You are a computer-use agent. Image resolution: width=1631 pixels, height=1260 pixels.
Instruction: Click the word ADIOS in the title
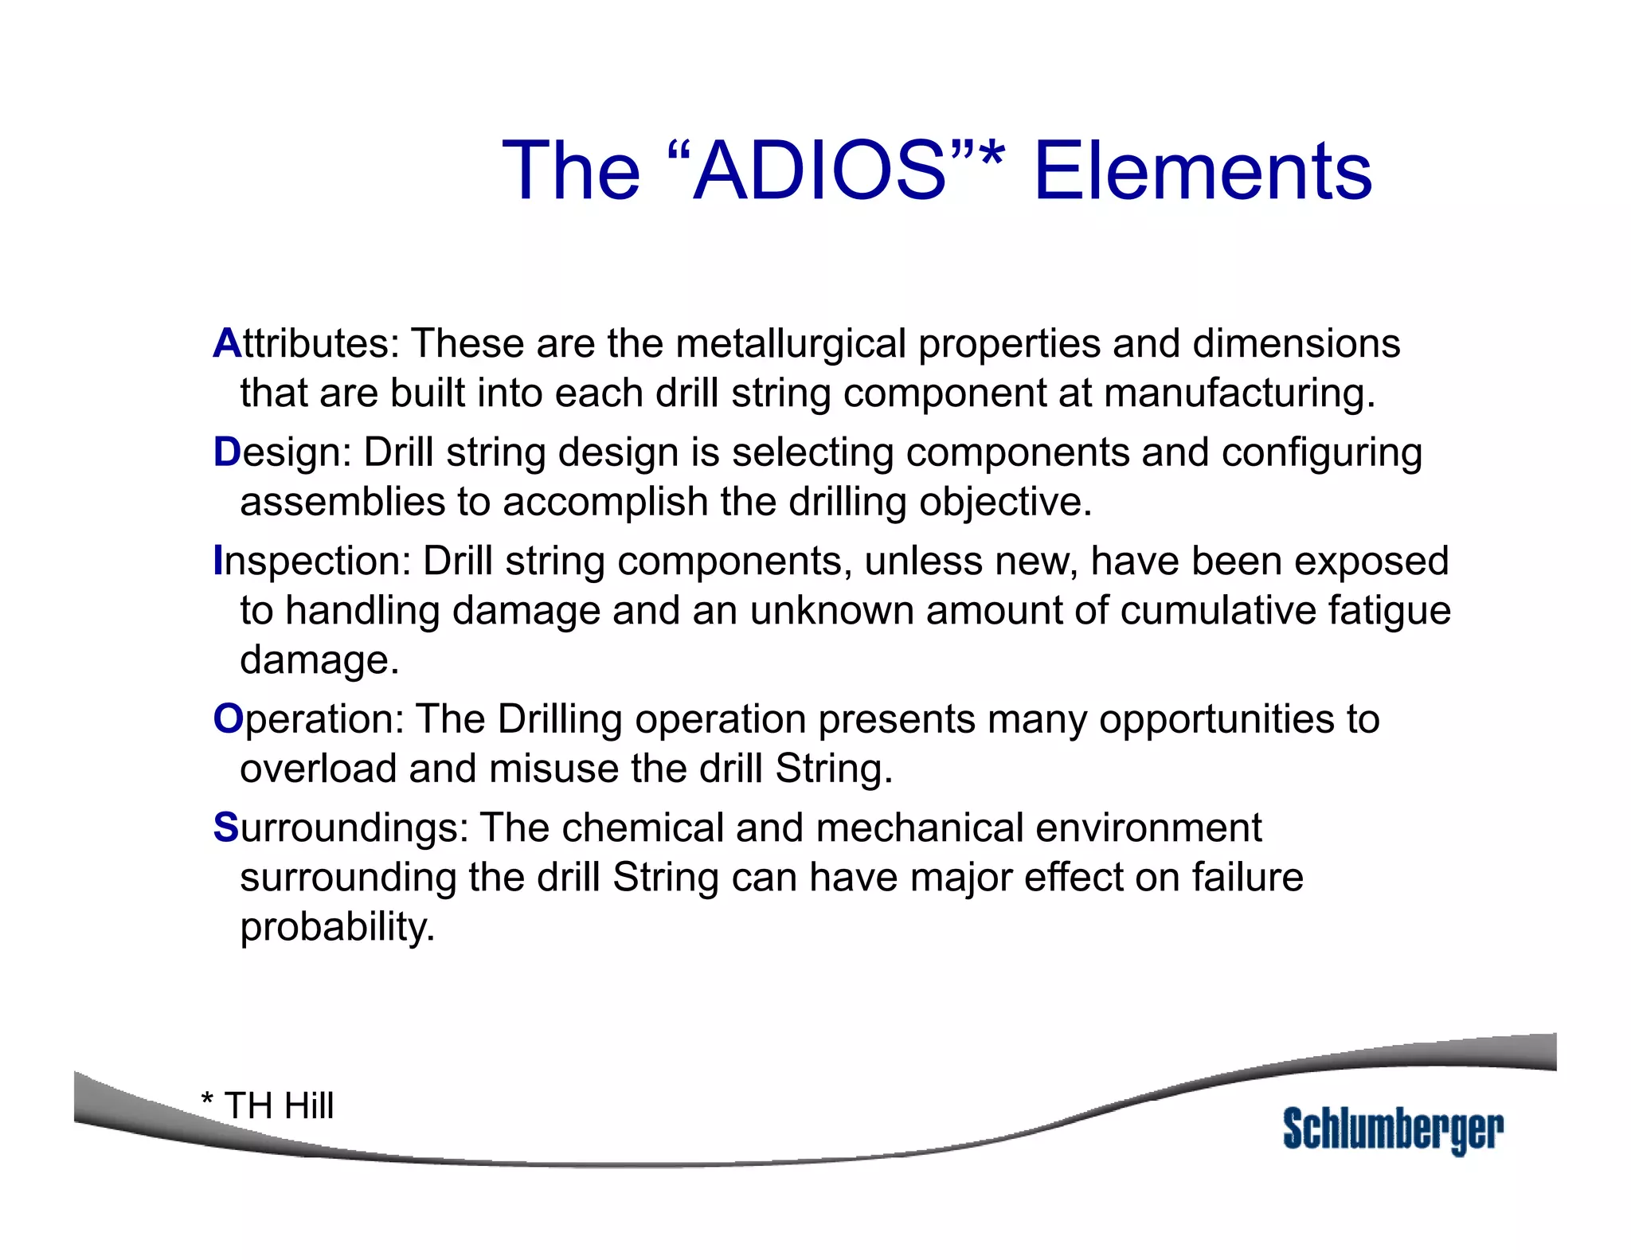click(820, 171)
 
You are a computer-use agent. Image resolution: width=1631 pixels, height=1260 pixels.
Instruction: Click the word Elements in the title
click(1203, 171)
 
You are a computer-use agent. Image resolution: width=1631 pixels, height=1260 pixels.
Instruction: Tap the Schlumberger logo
click(1393, 1129)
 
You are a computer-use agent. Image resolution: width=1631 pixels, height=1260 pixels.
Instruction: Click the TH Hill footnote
click(268, 1105)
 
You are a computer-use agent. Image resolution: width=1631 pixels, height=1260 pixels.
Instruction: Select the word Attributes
click(306, 344)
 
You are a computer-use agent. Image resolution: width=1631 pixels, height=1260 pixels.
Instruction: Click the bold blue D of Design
click(226, 452)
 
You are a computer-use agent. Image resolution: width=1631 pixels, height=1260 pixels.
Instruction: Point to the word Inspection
click(311, 561)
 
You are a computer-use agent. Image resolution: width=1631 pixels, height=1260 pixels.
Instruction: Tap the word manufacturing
click(1238, 393)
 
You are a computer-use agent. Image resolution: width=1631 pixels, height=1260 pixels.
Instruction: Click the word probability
click(337, 927)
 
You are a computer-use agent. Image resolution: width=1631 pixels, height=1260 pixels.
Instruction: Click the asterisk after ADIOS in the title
click(992, 157)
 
